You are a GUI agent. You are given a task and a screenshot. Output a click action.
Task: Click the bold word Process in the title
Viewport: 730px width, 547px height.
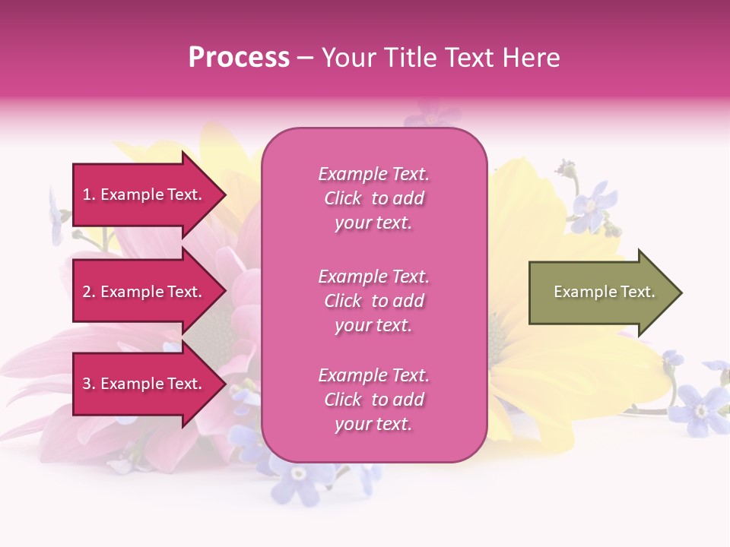tap(239, 58)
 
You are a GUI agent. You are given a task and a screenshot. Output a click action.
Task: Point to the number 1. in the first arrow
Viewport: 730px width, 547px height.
tap(88, 194)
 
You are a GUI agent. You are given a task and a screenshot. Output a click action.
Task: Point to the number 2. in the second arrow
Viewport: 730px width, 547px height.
tap(89, 292)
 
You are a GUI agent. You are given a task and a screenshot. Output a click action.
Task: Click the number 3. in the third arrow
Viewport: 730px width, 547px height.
tap(89, 384)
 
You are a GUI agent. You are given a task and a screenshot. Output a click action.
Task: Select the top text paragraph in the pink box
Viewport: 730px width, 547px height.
tap(373, 198)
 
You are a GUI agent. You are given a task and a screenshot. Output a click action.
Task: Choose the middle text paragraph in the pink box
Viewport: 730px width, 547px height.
tap(373, 301)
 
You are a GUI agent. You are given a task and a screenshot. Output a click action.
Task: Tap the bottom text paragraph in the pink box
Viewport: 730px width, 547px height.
tap(373, 400)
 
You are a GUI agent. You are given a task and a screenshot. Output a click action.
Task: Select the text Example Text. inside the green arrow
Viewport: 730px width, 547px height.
tap(605, 292)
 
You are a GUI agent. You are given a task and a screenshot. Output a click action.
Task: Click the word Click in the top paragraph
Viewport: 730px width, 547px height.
tap(342, 198)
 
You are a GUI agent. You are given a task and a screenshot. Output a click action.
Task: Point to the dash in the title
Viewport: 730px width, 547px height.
tap(305, 58)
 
